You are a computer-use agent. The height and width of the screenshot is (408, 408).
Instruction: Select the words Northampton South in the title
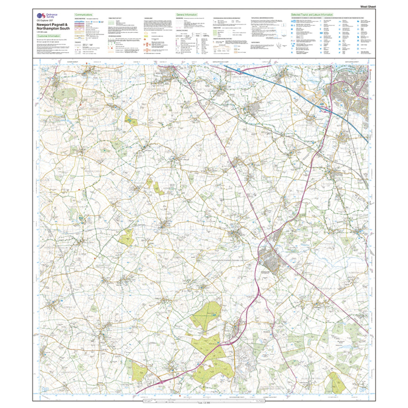53,28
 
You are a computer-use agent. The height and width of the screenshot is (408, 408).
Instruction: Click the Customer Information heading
49,36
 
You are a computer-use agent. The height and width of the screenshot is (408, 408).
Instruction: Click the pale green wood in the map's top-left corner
65,94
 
